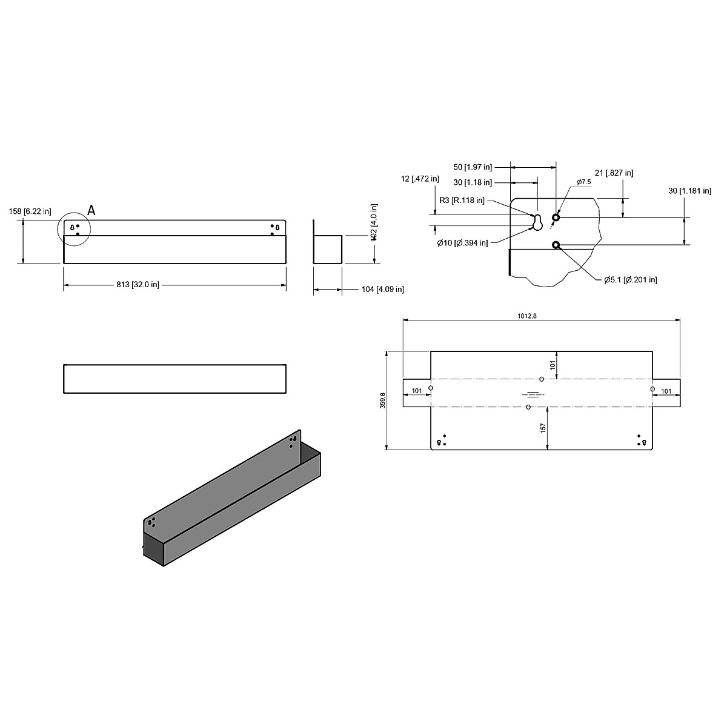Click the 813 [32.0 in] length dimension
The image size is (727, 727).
139,285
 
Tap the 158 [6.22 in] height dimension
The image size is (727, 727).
30,211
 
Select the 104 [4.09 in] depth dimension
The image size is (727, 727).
382,290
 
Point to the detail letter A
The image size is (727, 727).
91,210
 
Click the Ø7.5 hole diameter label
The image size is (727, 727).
583,182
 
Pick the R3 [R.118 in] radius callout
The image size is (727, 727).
462,200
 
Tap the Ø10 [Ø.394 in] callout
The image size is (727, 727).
462,243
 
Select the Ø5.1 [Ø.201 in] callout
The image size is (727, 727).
630,279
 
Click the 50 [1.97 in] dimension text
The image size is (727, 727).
473,167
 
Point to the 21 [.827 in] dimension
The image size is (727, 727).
614,173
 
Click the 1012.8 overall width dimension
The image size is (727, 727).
527,316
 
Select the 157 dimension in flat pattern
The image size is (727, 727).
543,428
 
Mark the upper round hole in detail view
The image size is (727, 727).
556,217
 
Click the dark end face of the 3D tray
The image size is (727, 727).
154,549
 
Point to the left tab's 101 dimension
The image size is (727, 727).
417,391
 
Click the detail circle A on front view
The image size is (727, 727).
73,229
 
